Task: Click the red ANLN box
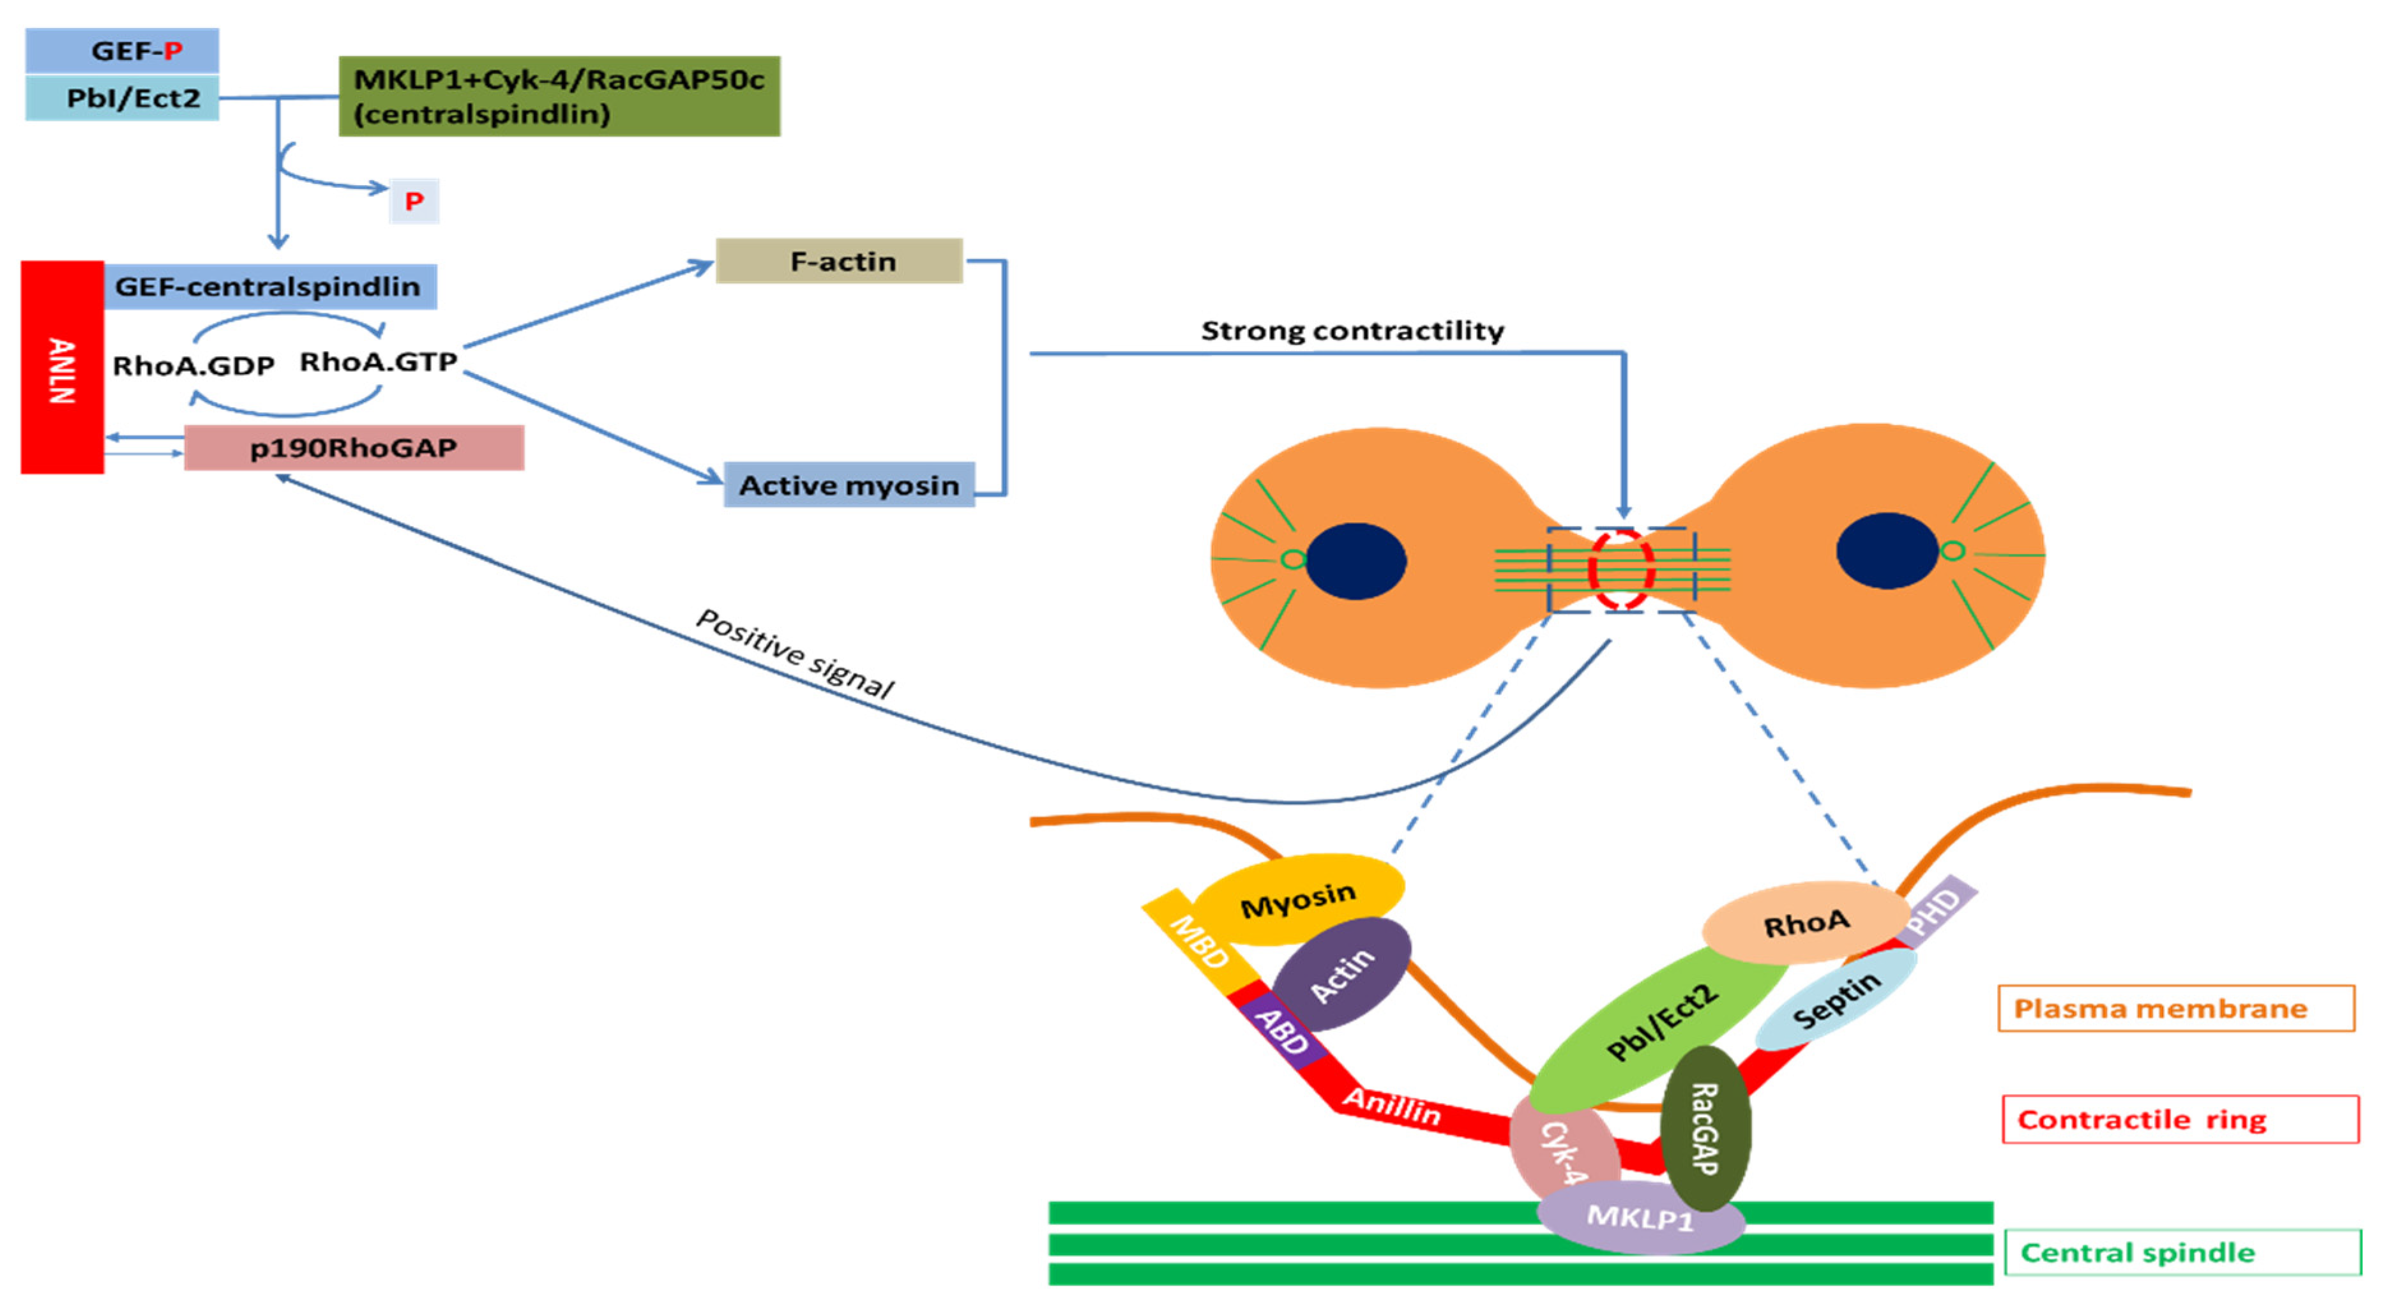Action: pos(62,368)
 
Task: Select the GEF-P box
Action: pos(122,51)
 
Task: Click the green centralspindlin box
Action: pos(559,96)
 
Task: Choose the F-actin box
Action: pos(839,261)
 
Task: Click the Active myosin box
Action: pos(849,484)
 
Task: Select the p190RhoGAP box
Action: pos(354,448)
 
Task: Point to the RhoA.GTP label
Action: pos(378,361)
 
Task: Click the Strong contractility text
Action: pos(1352,331)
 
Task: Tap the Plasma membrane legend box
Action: pos(2176,1008)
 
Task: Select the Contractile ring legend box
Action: pos(2179,1119)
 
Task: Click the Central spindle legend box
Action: pos(2182,1252)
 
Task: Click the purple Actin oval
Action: pos(1342,975)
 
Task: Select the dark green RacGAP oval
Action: pos(1705,1128)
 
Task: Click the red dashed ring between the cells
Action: pos(1621,569)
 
